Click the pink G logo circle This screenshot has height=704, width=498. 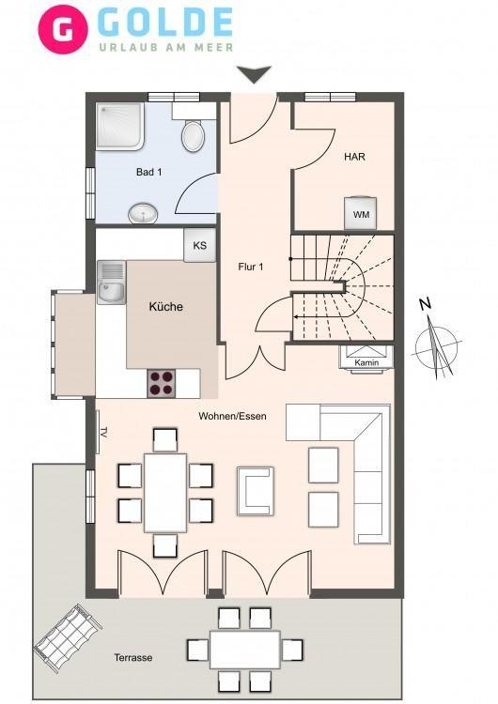click(63, 29)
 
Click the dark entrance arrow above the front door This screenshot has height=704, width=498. click(255, 74)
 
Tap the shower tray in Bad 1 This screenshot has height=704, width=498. click(120, 126)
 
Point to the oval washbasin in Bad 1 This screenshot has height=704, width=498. click(143, 213)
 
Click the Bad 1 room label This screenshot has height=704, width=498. click(149, 172)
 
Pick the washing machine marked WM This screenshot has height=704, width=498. click(361, 213)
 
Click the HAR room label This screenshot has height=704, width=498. click(354, 157)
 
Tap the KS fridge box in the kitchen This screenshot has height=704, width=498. click(199, 245)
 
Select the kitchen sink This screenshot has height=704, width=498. click(112, 283)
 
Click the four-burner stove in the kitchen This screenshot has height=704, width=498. click(162, 383)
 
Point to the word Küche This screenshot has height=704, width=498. click(166, 307)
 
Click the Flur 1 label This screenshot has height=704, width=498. click(251, 268)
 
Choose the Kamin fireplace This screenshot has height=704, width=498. click(366, 358)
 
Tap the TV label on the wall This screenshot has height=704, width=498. click(103, 433)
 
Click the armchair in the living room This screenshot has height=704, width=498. click(256, 491)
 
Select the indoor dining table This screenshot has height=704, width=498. click(165, 493)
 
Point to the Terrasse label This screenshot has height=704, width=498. click(133, 658)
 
